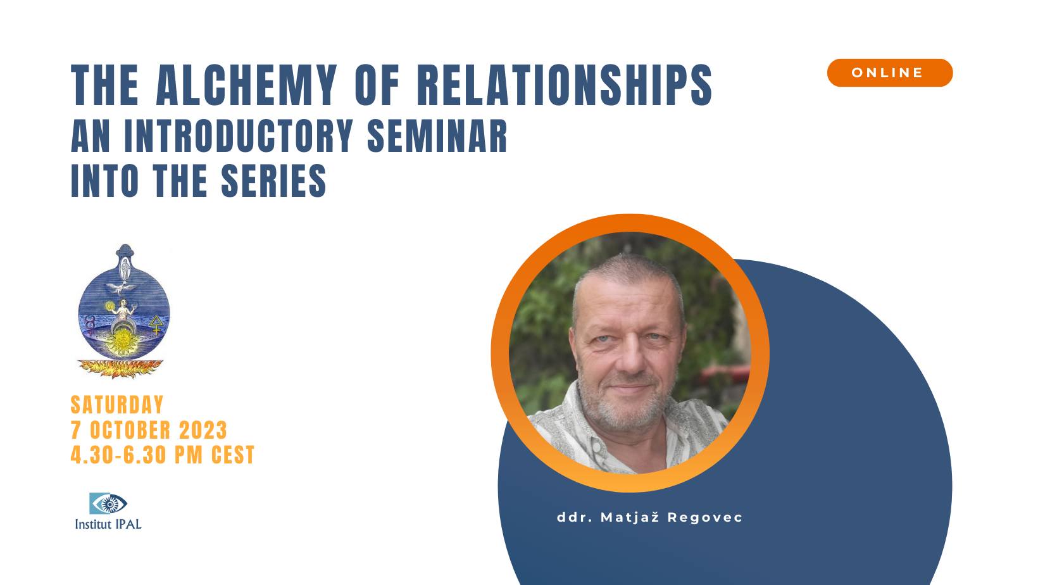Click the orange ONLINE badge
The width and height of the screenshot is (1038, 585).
tap(889, 73)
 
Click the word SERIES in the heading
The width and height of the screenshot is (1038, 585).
tap(273, 181)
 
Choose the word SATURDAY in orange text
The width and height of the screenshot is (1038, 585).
tap(117, 405)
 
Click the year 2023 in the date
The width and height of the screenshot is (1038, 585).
tap(203, 431)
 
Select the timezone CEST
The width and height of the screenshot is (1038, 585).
tap(233, 455)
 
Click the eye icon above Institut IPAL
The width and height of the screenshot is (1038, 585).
tap(108, 504)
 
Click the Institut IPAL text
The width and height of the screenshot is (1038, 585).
tap(108, 524)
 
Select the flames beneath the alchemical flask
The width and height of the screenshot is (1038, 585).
tap(120, 367)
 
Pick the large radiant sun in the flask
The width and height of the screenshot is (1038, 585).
tap(120, 343)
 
